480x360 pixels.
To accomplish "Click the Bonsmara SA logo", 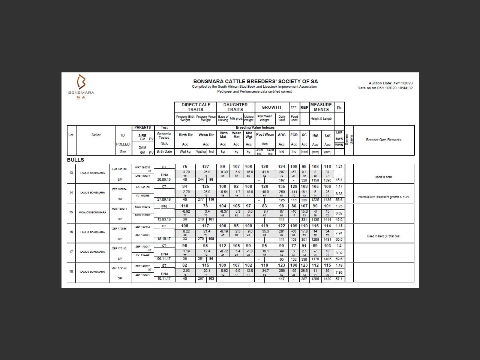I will point(81,87).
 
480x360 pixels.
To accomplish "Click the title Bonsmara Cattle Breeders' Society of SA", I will point(255,81).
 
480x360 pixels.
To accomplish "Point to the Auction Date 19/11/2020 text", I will point(390,83).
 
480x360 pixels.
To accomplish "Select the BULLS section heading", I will point(75,160).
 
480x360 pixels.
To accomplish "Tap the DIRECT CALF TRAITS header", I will point(196,107).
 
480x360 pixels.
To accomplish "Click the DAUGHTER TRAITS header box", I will point(235,107).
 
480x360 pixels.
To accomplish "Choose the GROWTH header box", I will point(271,107).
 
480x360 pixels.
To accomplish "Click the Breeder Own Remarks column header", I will point(383,140).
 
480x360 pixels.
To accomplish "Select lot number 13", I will point(71,173).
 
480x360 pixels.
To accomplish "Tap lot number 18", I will point(71,271).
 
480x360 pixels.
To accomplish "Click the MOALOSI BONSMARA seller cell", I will point(92,212).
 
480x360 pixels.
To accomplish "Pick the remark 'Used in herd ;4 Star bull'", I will point(383,236).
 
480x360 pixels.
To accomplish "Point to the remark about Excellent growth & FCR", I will point(383,197).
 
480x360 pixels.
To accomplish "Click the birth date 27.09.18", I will point(164,199).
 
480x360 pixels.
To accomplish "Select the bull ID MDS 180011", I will point(119,209).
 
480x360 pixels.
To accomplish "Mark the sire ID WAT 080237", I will point(142,168).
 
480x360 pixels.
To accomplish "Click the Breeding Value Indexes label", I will point(255,127).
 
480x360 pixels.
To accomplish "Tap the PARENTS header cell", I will point(142,127).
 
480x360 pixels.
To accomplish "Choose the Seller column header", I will point(96,135).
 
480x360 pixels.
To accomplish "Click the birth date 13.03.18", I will point(164,219).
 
